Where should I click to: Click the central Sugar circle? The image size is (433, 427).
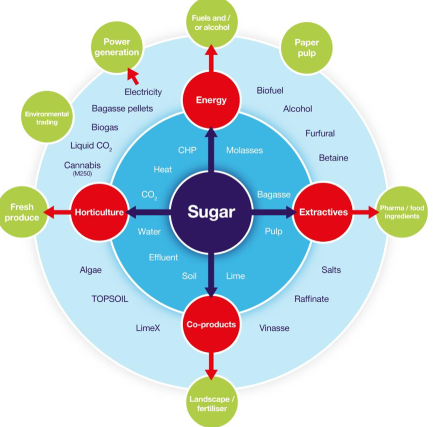pos(211,213)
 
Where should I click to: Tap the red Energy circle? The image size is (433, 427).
pos(211,100)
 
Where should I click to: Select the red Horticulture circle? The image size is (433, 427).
pos(99,213)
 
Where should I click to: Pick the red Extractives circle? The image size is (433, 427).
pos(323,213)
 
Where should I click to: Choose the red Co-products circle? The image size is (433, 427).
pos(211,324)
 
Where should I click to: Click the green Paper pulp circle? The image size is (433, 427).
pos(307,48)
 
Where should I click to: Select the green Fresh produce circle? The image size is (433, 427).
pos(22,213)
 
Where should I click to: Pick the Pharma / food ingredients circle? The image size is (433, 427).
pos(401,213)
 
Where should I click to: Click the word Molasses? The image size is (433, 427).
pos(244,150)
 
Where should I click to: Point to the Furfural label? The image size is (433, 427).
pos(320,133)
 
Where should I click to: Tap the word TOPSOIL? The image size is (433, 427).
pos(109,299)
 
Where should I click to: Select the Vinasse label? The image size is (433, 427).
pos(274,328)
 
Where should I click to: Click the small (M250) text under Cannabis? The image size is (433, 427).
pos(82,174)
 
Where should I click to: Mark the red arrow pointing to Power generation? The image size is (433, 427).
pos(133,76)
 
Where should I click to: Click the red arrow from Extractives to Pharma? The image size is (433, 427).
pos(365,213)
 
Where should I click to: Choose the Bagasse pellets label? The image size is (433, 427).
pos(122,108)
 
